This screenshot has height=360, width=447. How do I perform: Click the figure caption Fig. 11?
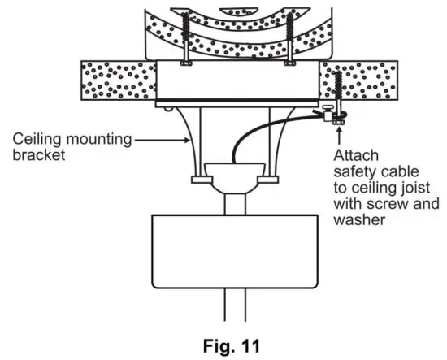point(223,344)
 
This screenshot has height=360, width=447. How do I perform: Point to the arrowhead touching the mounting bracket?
point(187,140)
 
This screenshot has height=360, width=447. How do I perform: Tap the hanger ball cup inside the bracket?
point(236,172)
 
